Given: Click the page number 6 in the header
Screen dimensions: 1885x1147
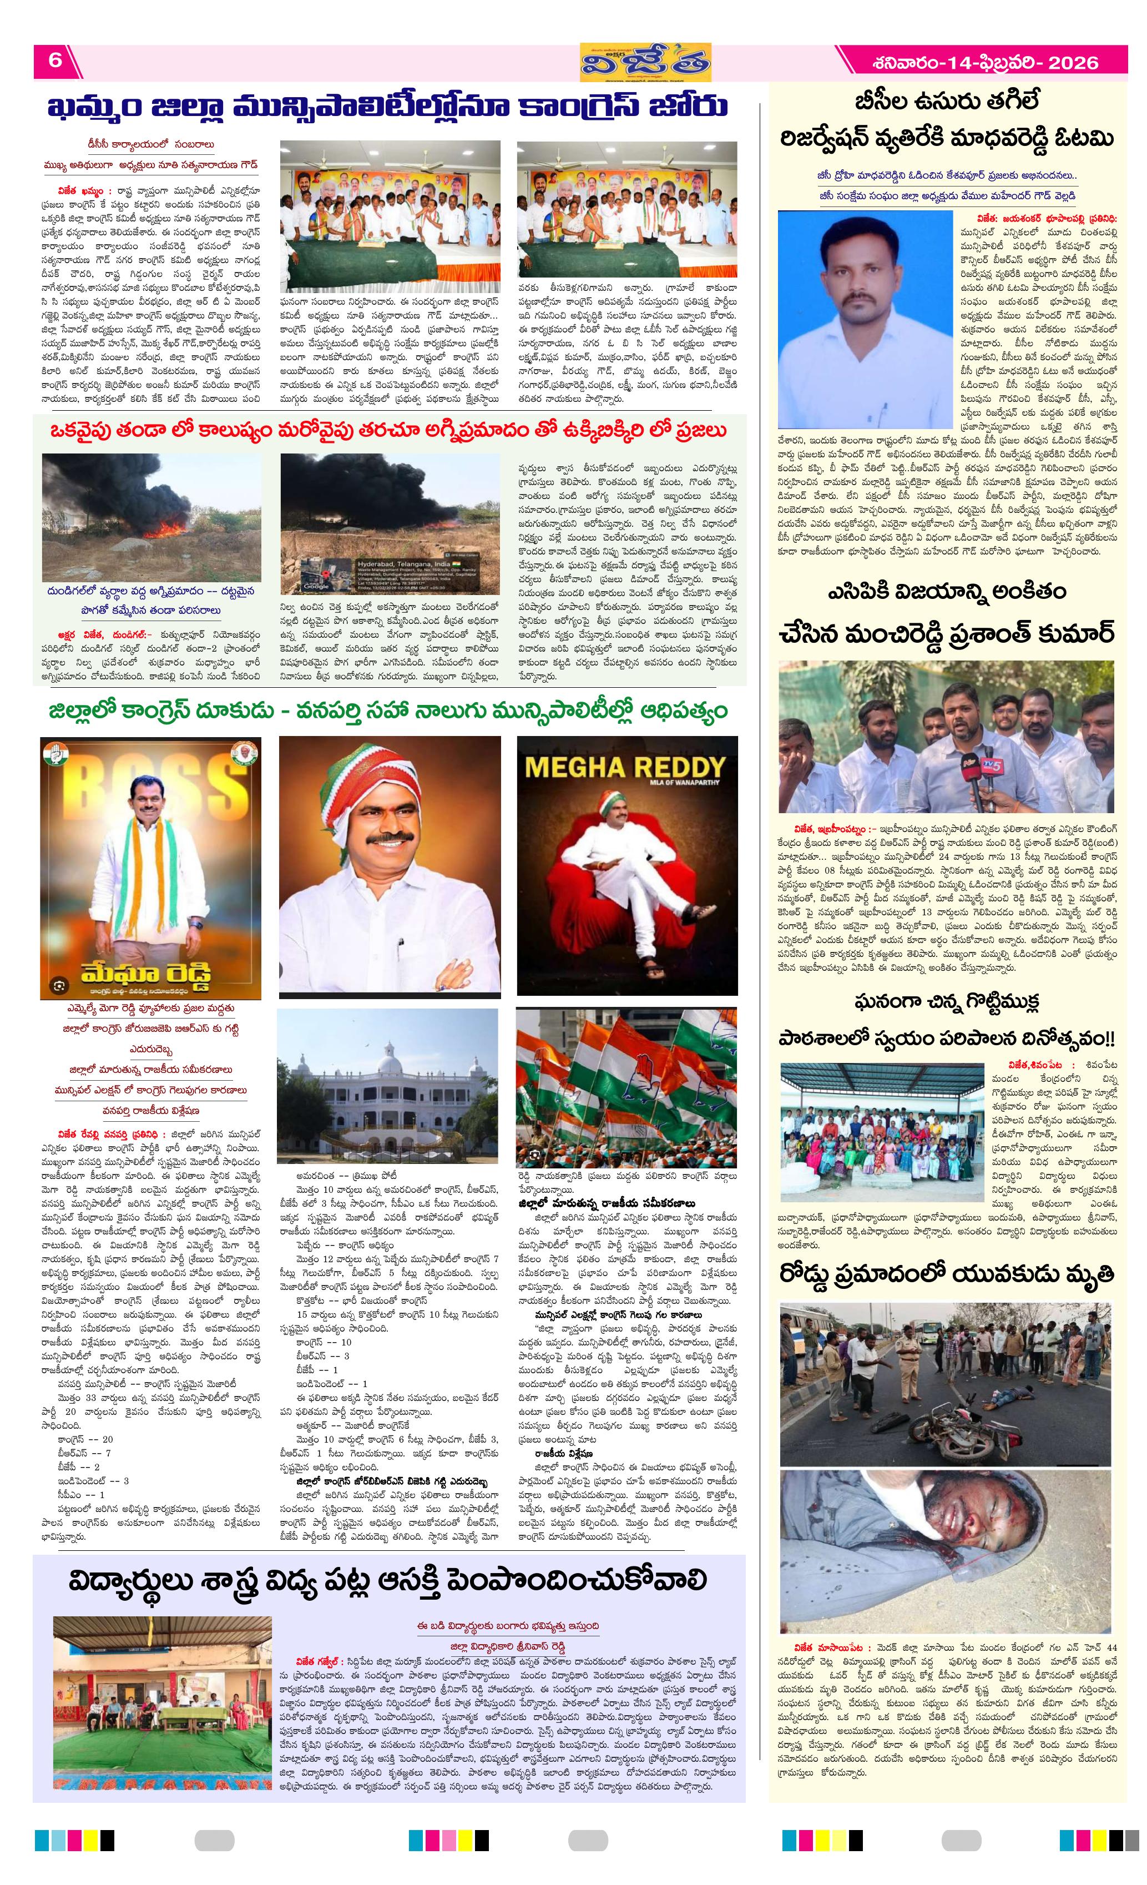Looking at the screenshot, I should click(x=55, y=60).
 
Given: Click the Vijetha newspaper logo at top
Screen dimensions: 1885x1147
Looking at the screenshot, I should click(x=645, y=61).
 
